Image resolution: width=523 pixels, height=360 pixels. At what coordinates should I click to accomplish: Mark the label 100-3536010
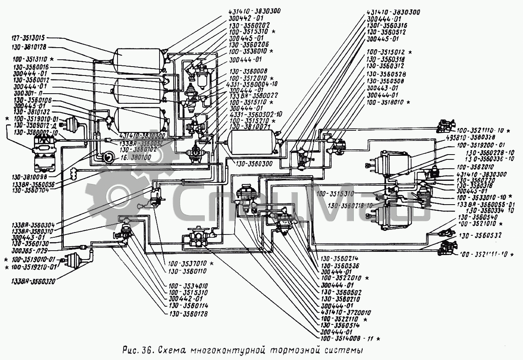[x=248, y=51]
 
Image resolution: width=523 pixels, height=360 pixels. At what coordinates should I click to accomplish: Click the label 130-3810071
[x=248, y=126]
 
